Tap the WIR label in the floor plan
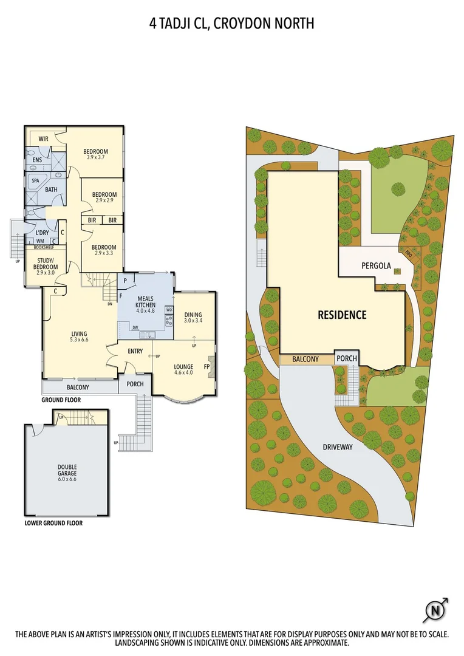(x=43, y=139)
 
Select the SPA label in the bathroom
(x=35, y=180)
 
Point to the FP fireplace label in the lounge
(x=206, y=367)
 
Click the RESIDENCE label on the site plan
(x=343, y=315)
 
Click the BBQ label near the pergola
(x=408, y=256)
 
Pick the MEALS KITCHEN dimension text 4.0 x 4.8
(x=146, y=311)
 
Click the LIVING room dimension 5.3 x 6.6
(x=79, y=340)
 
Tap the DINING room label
(x=193, y=314)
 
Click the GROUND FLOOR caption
(x=61, y=400)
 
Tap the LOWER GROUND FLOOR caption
(x=53, y=522)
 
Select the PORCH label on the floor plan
(x=135, y=384)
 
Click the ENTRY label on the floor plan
(x=135, y=352)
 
